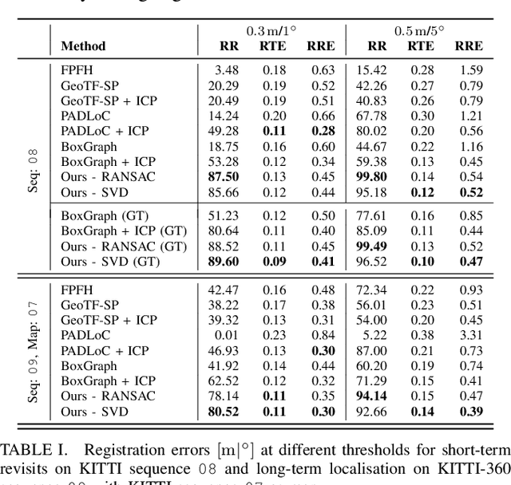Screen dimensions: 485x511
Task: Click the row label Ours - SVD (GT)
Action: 110,262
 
